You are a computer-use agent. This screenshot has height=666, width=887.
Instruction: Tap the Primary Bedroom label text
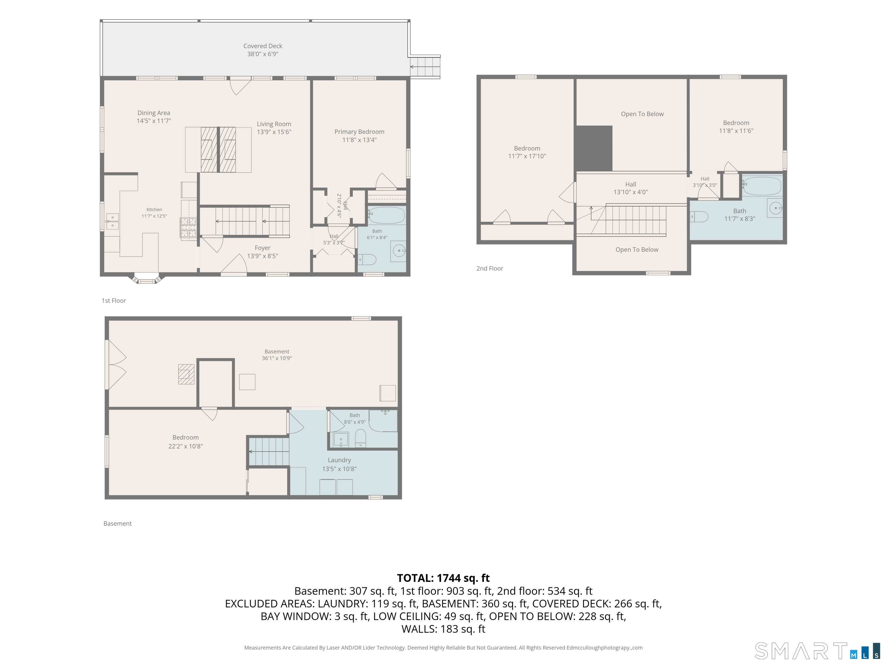(x=359, y=132)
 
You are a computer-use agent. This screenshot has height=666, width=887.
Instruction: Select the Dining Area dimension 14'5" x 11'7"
(x=154, y=121)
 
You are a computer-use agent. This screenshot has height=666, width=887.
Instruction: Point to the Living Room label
(x=274, y=124)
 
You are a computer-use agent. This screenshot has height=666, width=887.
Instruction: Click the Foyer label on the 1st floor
(x=263, y=248)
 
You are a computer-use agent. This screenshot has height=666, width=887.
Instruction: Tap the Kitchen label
(x=154, y=210)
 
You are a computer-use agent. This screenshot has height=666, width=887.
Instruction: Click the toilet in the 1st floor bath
(x=367, y=260)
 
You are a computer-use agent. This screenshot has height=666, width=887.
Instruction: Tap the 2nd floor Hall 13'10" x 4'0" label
(x=631, y=188)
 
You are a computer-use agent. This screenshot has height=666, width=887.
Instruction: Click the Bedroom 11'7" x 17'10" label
(x=527, y=152)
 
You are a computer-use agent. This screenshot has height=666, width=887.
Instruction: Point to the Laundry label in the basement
(x=339, y=460)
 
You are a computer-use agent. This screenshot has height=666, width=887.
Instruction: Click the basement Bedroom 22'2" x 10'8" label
(x=186, y=442)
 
